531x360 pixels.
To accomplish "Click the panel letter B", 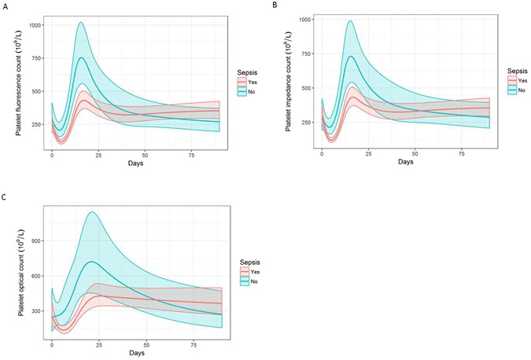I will (x=275, y=5).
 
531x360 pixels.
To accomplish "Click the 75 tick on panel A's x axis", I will (x=192, y=156).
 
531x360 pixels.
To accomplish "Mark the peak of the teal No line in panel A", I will (x=81, y=57).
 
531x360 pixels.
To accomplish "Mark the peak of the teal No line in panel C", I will (x=93, y=262).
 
